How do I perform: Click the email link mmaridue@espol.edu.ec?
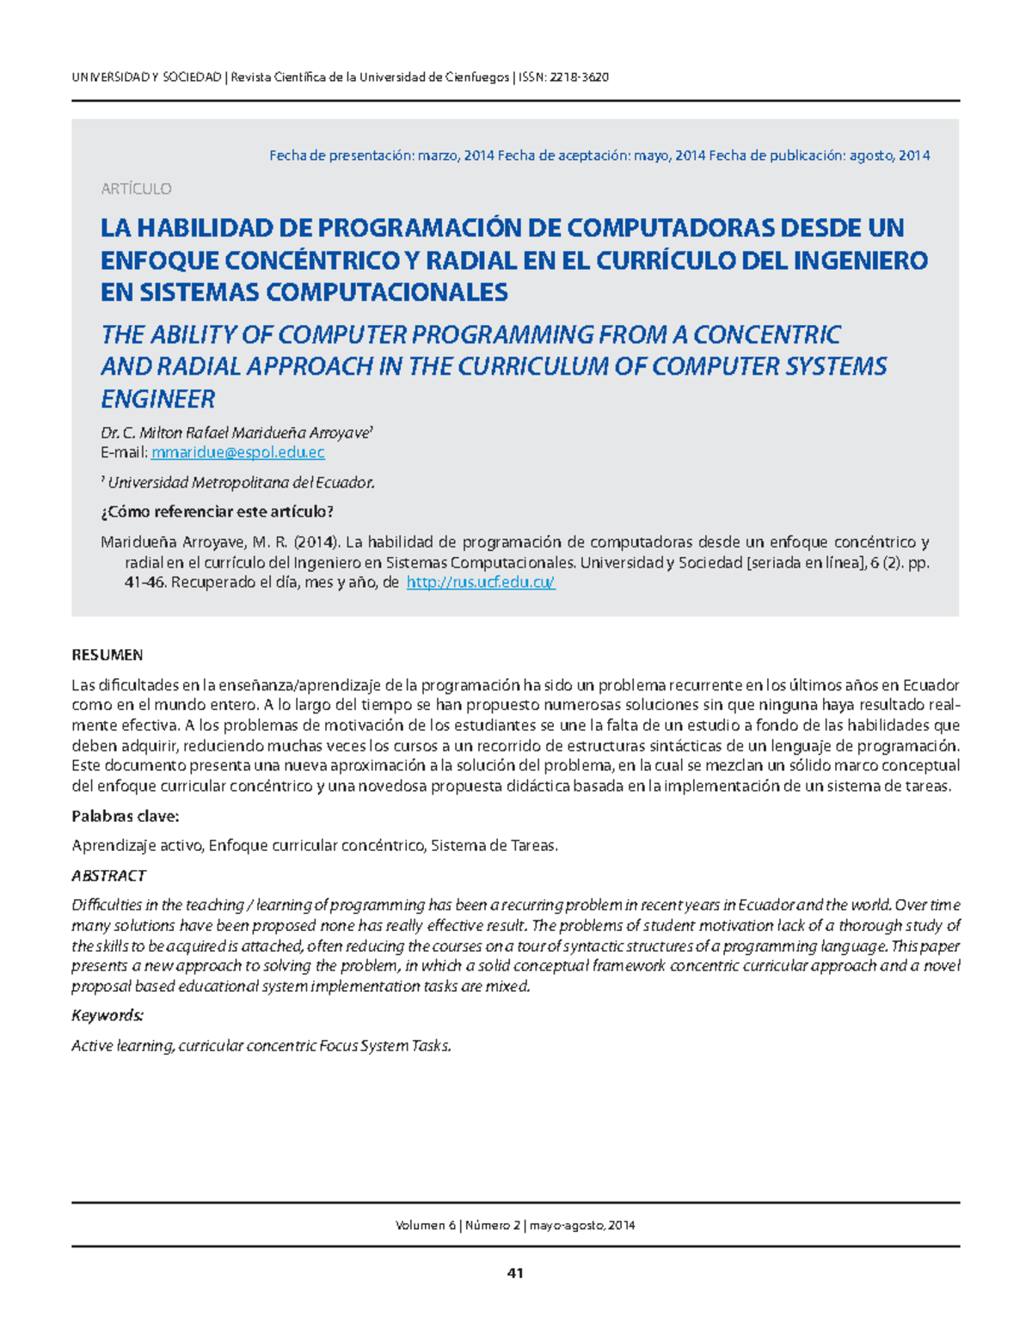tap(237, 452)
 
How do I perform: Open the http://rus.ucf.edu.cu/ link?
tap(480, 583)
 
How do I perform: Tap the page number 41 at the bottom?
tap(515, 1273)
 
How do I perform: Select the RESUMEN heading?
tap(107, 655)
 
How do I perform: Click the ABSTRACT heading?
tap(108, 876)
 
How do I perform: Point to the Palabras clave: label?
tap(125, 816)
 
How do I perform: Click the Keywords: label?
tap(107, 1016)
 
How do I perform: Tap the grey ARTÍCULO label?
tap(136, 189)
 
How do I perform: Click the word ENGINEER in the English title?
tap(157, 399)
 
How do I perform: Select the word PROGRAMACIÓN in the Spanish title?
tap(419, 228)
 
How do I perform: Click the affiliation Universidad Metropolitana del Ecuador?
tap(240, 483)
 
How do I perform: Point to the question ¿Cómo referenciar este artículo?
tap(217, 512)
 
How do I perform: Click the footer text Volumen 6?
tap(425, 1226)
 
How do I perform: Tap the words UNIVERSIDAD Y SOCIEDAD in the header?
tap(146, 77)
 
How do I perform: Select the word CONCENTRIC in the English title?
tap(767, 334)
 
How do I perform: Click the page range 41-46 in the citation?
tap(145, 583)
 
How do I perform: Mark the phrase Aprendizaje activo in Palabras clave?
tap(137, 846)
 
